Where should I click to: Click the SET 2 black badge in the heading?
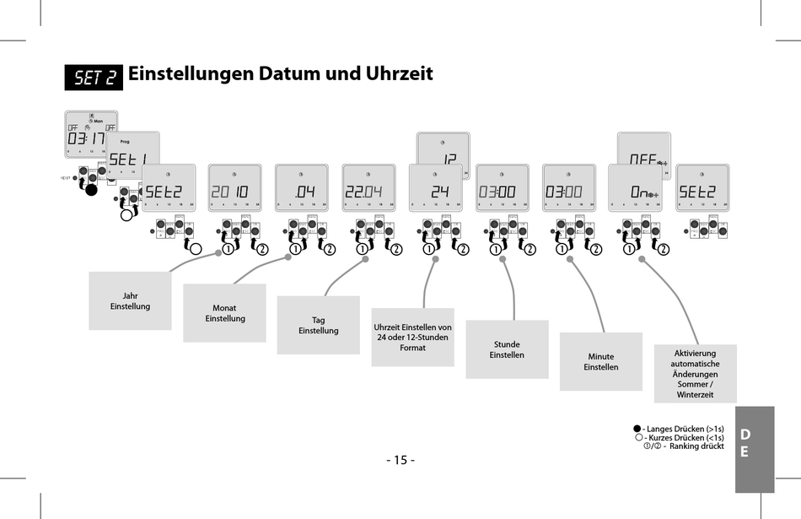(x=94, y=77)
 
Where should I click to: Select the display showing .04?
(x=302, y=188)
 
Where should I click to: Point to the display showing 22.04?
(x=368, y=188)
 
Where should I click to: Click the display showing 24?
(x=436, y=188)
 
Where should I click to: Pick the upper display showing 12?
(x=444, y=149)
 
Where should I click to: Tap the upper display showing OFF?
(x=644, y=149)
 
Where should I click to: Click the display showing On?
(x=635, y=188)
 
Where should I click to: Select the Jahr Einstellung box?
(x=130, y=301)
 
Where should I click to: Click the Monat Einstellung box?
(x=224, y=313)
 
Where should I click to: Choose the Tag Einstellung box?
(x=318, y=325)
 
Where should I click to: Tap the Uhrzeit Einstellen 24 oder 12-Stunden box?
(x=412, y=337)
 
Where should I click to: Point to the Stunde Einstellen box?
(x=507, y=349)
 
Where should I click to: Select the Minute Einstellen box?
(x=600, y=361)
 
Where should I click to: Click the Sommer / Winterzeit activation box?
(x=695, y=373)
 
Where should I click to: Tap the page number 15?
(x=400, y=460)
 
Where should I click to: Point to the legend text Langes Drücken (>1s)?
(x=685, y=429)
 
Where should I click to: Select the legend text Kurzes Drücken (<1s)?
(x=685, y=437)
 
